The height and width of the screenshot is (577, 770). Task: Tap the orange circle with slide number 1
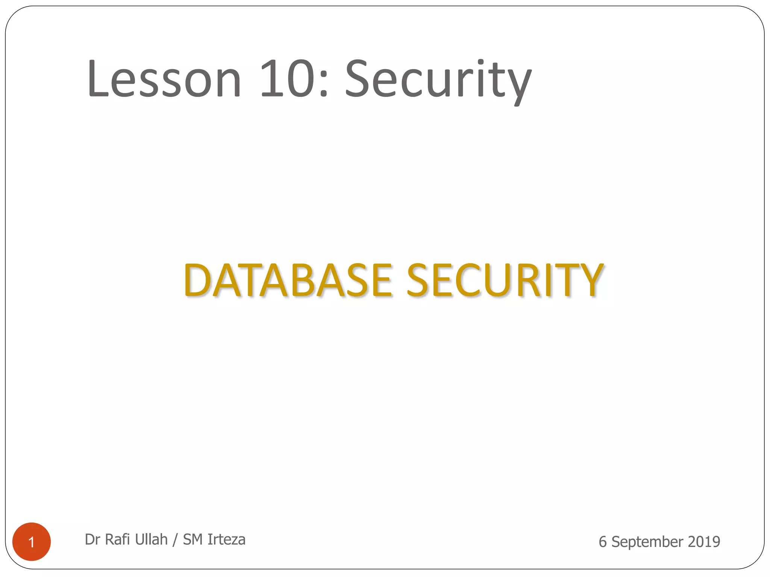pos(32,541)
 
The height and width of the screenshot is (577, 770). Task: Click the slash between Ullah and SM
pos(175,540)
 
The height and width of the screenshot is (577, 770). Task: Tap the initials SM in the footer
pos(192,539)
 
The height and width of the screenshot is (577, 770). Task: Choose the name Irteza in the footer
pos(226,539)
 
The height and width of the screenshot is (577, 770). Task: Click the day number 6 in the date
pos(602,542)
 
